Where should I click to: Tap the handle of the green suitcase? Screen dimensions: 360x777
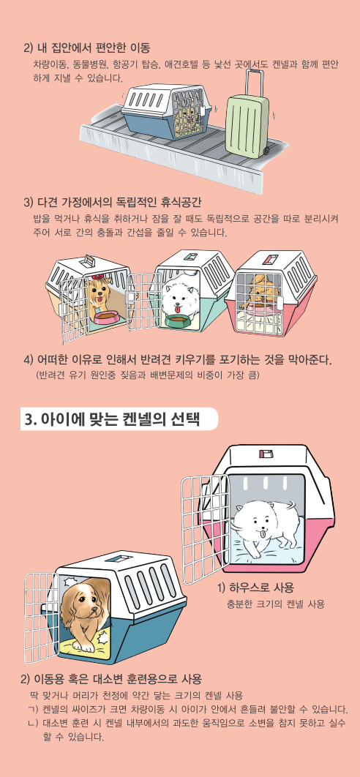click(253, 83)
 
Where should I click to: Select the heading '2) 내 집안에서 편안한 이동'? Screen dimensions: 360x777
click(87, 48)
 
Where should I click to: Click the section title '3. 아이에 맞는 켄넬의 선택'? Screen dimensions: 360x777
click(112, 419)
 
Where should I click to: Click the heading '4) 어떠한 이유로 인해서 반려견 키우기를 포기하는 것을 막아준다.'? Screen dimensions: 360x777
click(178, 359)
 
